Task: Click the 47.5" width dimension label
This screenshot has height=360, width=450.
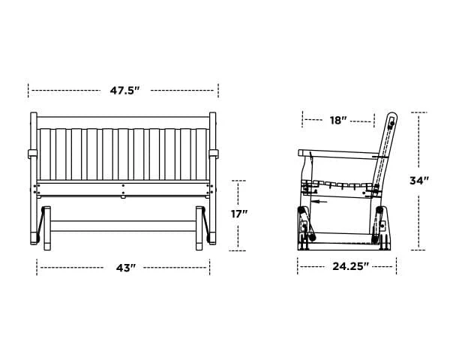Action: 124,90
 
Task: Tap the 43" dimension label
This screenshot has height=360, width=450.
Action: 124,268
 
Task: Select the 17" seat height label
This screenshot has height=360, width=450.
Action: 238,214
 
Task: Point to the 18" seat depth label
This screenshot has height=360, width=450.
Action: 338,119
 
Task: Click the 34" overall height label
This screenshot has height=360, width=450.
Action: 419,180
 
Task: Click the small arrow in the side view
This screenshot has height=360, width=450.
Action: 318,201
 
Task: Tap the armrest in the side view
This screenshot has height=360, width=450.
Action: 337,153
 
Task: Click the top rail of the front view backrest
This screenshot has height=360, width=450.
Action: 124,123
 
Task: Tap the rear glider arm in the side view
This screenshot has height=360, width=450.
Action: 379,223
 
